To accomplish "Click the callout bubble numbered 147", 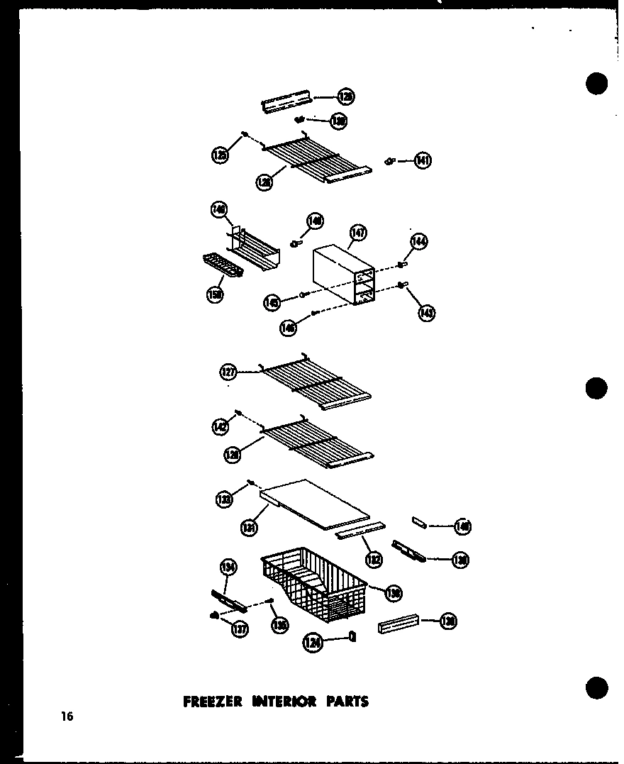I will click(x=359, y=233).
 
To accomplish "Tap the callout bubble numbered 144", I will click(x=418, y=243).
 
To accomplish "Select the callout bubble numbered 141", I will click(x=423, y=161).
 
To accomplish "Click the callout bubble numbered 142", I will click(x=221, y=426).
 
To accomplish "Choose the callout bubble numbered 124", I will click(x=313, y=643).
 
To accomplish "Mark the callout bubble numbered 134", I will click(x=229, y=567).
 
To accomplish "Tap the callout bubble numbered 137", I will click(x=240, y=628).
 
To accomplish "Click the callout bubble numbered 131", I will click(x=248, y=527).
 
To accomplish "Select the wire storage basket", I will click(x=314, y=582).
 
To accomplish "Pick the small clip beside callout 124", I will click(x=352, y=638).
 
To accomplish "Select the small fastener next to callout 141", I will click(x=389, y=162).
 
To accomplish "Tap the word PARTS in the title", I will click(x=347, y=702).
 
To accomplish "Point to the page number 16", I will click(x=67, y=716).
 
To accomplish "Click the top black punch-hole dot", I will click(x=597, y=83).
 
